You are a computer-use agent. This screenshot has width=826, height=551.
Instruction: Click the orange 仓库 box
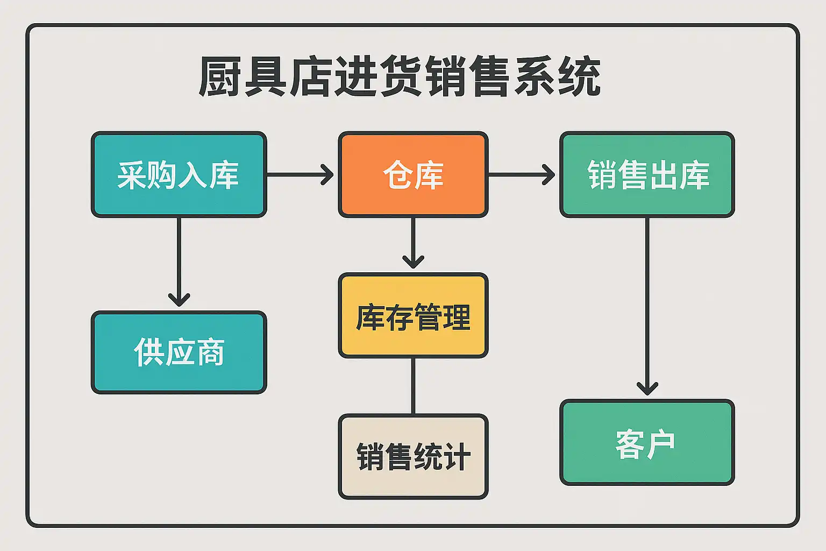413,175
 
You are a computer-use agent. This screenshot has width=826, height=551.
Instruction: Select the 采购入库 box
179,175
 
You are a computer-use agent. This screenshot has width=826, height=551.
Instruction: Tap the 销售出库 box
647,175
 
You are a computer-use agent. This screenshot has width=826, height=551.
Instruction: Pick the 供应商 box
179,352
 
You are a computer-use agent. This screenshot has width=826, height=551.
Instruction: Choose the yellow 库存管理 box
413,316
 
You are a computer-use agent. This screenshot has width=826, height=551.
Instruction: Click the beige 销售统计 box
413,457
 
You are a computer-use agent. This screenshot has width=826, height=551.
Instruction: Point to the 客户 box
647,442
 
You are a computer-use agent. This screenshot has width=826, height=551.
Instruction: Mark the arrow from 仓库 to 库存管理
413,242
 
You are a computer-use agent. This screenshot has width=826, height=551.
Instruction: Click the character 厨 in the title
219,77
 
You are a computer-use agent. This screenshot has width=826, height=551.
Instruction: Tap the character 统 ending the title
580,77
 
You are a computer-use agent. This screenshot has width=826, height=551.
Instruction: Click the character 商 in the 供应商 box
209,352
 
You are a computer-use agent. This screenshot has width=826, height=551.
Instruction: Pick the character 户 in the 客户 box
661,444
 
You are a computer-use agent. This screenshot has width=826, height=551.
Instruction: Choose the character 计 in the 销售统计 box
457,457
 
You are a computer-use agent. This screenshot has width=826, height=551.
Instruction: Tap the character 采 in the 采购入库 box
132,175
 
